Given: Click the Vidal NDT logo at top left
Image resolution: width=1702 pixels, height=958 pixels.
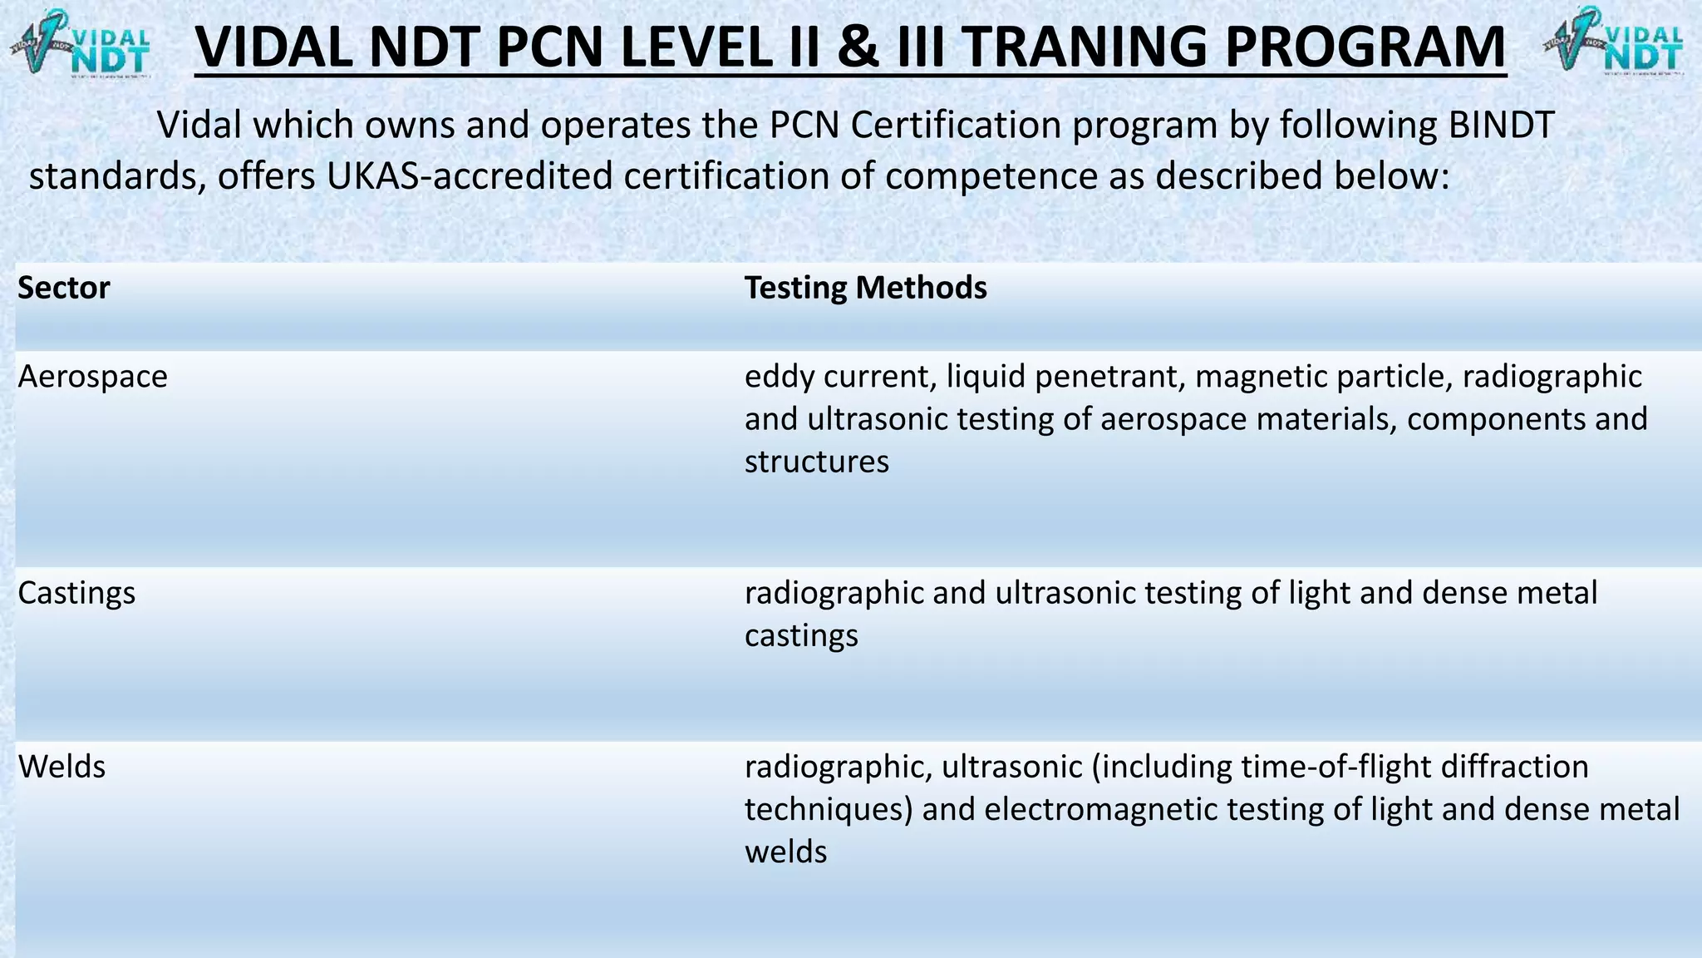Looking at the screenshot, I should pyautogui.click(x=81, y=42).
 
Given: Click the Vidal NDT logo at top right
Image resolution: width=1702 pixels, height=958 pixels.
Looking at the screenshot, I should pyautogui.click(x=1614, y=42).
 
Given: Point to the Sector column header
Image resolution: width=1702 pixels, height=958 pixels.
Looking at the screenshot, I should pyautogui.click(x=64, y=288).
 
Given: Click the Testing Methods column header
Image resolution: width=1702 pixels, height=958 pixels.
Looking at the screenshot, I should pyautogui.click(x=865, y=288).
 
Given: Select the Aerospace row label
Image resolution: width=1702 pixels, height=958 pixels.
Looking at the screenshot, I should pyautogui.click(x=92, y=377).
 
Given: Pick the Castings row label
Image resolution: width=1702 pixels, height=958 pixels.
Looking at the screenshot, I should pyautogui.click(x=76, y=593).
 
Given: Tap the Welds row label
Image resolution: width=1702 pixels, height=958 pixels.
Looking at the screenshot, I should pyautogui.click(x=61, y=767).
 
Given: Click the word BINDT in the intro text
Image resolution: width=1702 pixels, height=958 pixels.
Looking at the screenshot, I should pyautogui.click(x=1501, y=126).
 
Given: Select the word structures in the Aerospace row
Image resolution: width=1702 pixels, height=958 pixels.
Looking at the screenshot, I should pyautogui.click(x=816, y=462).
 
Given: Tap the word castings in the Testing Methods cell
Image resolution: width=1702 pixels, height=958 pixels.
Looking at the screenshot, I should pyautogui.click(x=801, y=636).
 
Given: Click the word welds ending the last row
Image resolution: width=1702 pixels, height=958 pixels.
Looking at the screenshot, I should pyautogui.click(x=785, y=852).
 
